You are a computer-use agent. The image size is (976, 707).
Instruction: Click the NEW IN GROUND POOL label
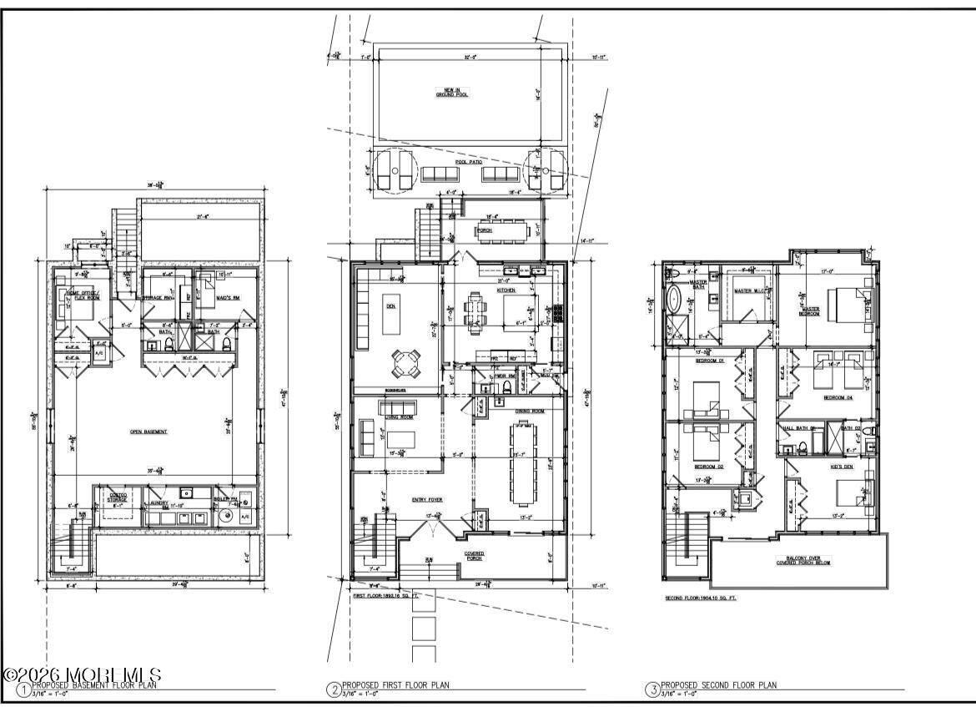pyautogui.click(x=449, y=92)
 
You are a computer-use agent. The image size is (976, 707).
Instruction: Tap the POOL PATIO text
pyautogui.click(x=469, y=162)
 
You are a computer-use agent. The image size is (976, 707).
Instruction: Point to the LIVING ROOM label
pyautogui.click(x=397, y=417)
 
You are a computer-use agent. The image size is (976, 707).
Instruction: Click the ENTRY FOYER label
pyautogui.click(x=426, y=499)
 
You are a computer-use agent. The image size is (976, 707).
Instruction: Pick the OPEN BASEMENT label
pyautogui.click(x=148, y=432)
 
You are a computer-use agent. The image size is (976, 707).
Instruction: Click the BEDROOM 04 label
pyautogui.click(x=837, y=398)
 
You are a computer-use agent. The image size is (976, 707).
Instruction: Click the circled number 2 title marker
pyautogui.click(x=333, y=689)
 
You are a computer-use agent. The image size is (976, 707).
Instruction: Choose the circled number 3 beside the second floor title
pyautogui.click(x=652, y=689)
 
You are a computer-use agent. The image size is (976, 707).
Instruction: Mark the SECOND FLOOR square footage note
pyautogui.click(x=701, y=598)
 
